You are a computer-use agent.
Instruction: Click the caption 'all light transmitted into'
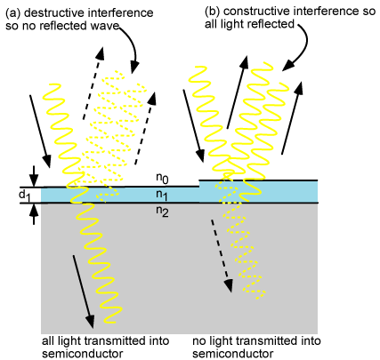pos(98,340)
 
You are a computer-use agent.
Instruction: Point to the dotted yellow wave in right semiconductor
pos(245,258)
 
